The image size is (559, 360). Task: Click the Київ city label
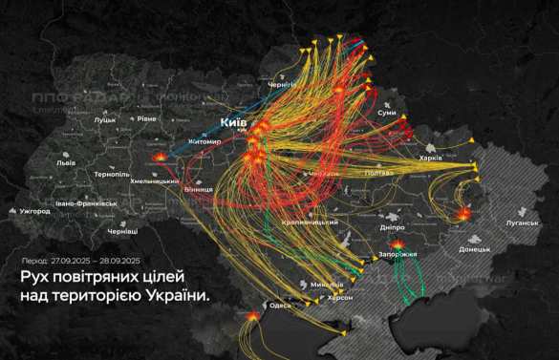234,123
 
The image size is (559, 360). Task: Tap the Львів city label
66,162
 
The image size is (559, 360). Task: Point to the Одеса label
280,305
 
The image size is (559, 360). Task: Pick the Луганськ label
498,223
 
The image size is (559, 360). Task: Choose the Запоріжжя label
398,255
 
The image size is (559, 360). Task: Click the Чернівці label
122,232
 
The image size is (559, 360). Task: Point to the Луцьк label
105,120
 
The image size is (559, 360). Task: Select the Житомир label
204,142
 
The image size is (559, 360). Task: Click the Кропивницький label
311,222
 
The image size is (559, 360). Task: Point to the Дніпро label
392,227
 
